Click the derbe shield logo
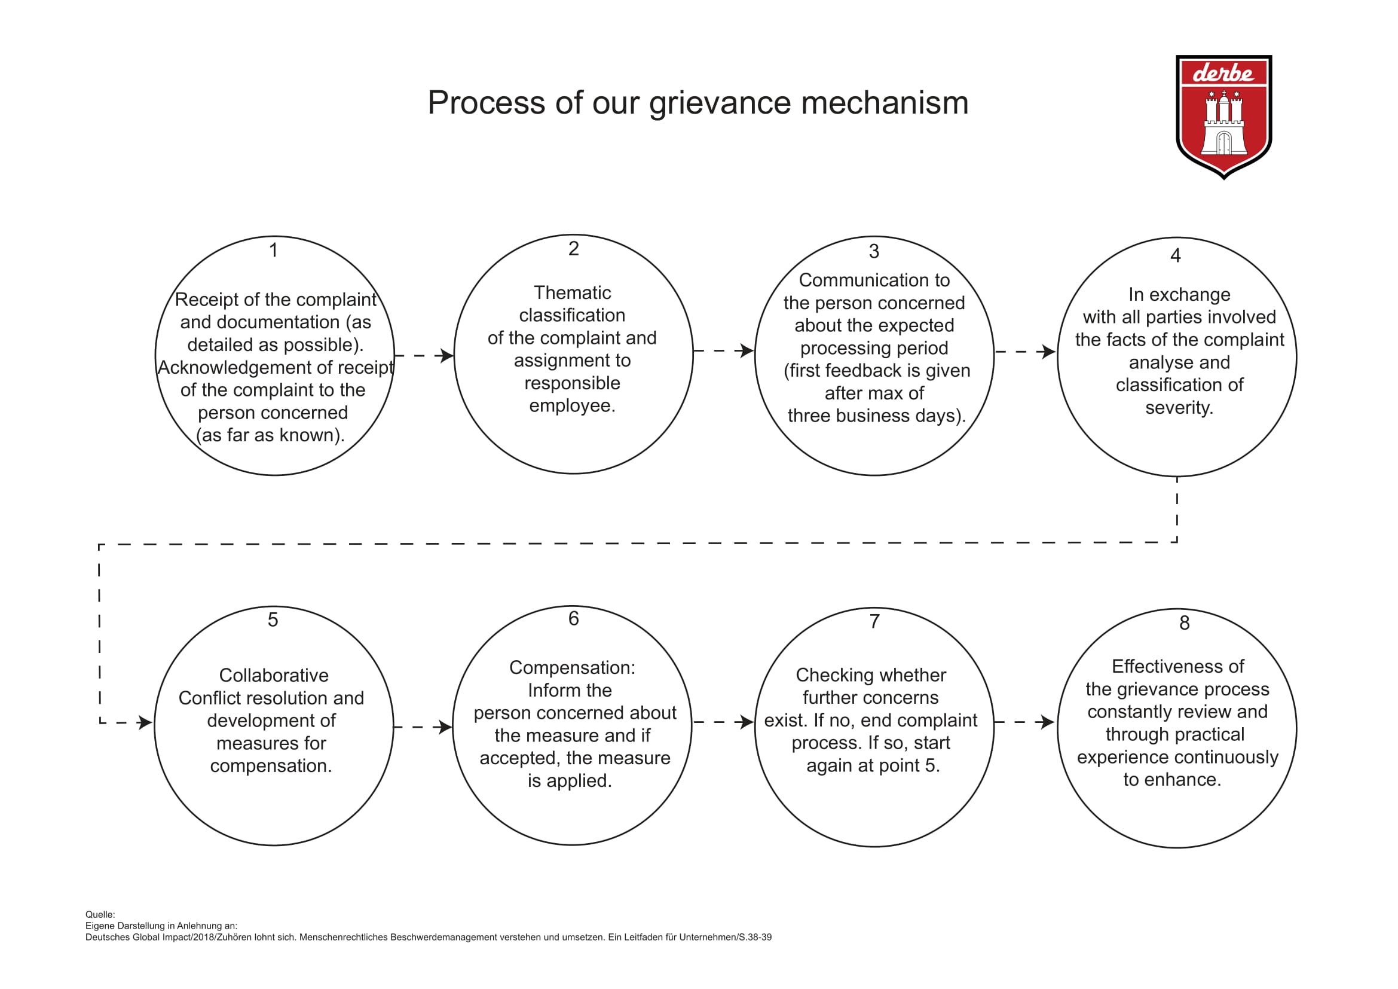click(1223, 117)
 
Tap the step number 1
click(274, 251)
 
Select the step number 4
click(1176, 255)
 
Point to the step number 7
click(874, 621)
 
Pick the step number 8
click(1184, 623)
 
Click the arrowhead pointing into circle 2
click(447, 356)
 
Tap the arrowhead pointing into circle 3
click(747, 351)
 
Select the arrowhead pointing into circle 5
click(145, 723)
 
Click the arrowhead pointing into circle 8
click(1048, 722)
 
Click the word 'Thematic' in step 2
click(573, 293)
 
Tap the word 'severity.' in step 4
click(1179, 407)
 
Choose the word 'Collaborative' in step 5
click(274, 675)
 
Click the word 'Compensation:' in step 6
click(573, 668)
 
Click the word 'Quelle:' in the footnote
click(100, 915)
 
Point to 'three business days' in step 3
click(871, 416)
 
